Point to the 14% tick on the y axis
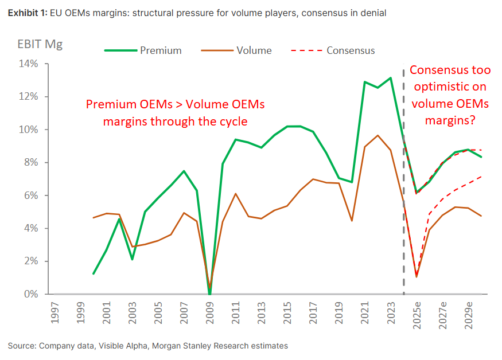coord(27,64)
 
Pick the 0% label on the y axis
coord(29,294)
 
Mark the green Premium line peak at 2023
coord(390,78)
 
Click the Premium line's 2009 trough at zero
coord(209,294)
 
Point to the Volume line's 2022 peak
coord(377,136)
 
